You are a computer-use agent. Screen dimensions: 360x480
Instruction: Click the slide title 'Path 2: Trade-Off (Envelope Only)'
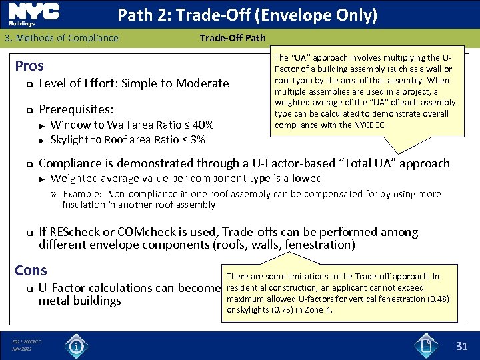(x=247, y=15)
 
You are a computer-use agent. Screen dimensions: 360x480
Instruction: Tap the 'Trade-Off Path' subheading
(x=233, y=38)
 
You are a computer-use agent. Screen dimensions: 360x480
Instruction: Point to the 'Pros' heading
(x=29, y=65)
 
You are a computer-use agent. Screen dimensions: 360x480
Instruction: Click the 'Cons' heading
(x=31, y=270)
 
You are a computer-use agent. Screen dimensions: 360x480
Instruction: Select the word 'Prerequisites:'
(x=76, y=108)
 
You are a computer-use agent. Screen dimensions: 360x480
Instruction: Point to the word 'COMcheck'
(x=153, y=232)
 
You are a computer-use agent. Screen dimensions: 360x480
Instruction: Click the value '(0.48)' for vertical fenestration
(x=436, y=299)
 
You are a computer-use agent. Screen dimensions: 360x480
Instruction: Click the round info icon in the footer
(x=77, y=346)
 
